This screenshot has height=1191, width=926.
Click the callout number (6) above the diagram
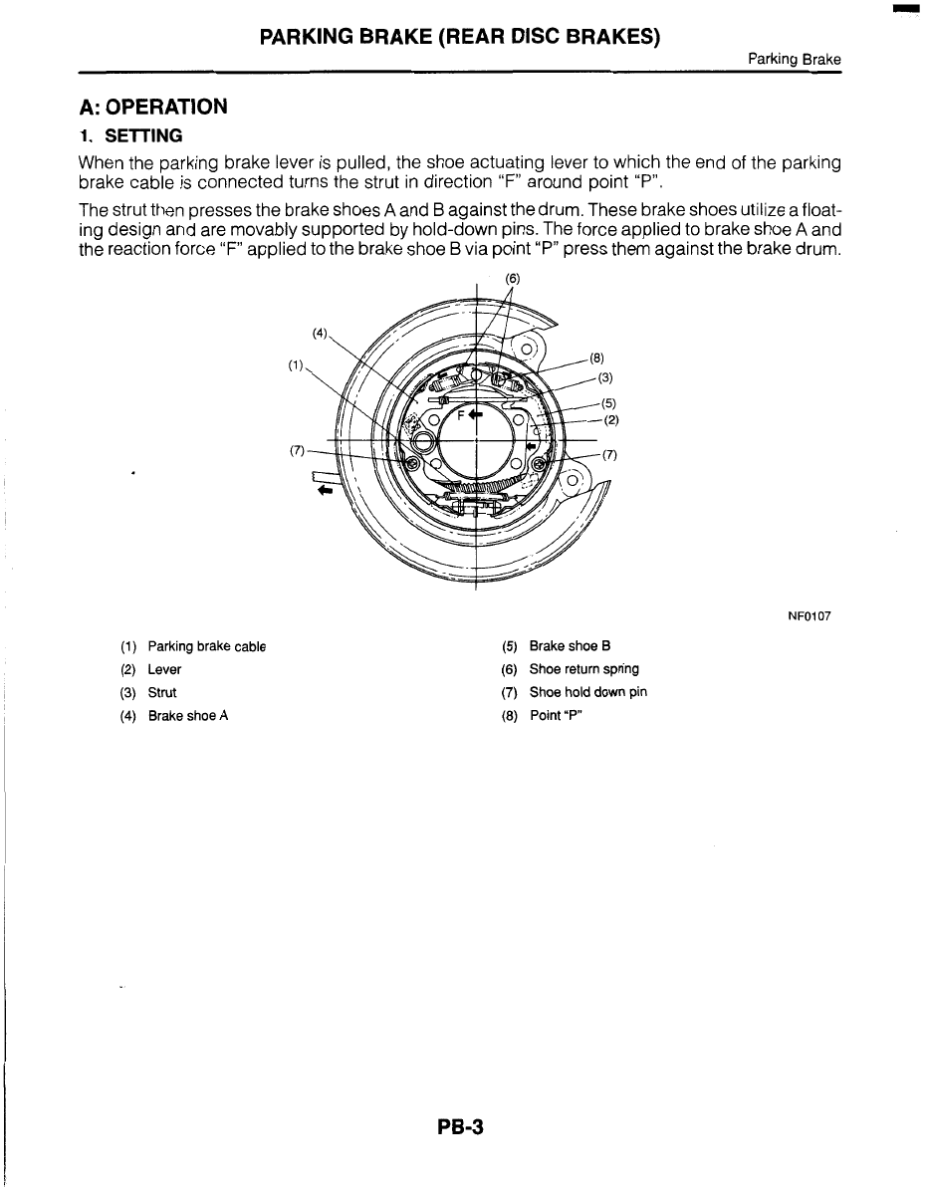pyautogui.click(x=512, y=280)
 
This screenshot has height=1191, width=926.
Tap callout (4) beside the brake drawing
pyautogui.click(x=319, y=334)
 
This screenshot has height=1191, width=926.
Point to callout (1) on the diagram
pyautogui.click(x=296, y=365)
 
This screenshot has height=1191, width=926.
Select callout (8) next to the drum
pyautogui.click(x=597, y=357)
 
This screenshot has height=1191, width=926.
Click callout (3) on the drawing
pyautogui.click(x=605, y=376)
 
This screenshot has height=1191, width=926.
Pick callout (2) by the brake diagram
pyautogui.click(x=612, y=419)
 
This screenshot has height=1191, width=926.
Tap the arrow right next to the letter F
pyautogui.click(x=476, y=414)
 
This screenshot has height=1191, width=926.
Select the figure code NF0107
pyautogui.click(x=810, y=616)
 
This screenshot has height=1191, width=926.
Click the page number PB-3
pyautogui.click(x=459, y=1128)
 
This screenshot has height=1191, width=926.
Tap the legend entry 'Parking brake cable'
pyautogui.click(x=206, y=646)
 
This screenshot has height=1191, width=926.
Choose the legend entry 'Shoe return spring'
pyautogui.click(x=583, y=669)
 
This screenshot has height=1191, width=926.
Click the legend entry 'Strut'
pyautogui.click(x=162, y=692)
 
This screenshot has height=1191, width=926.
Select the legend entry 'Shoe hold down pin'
pyautogui.click(x=587, y=692)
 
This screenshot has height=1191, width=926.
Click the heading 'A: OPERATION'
pyautogui.click(x=154, y=106)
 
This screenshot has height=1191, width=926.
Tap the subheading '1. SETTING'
pyautogui.click(x=130, y=134)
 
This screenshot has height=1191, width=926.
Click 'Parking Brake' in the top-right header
pyautogui.click(x=795, y=60)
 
